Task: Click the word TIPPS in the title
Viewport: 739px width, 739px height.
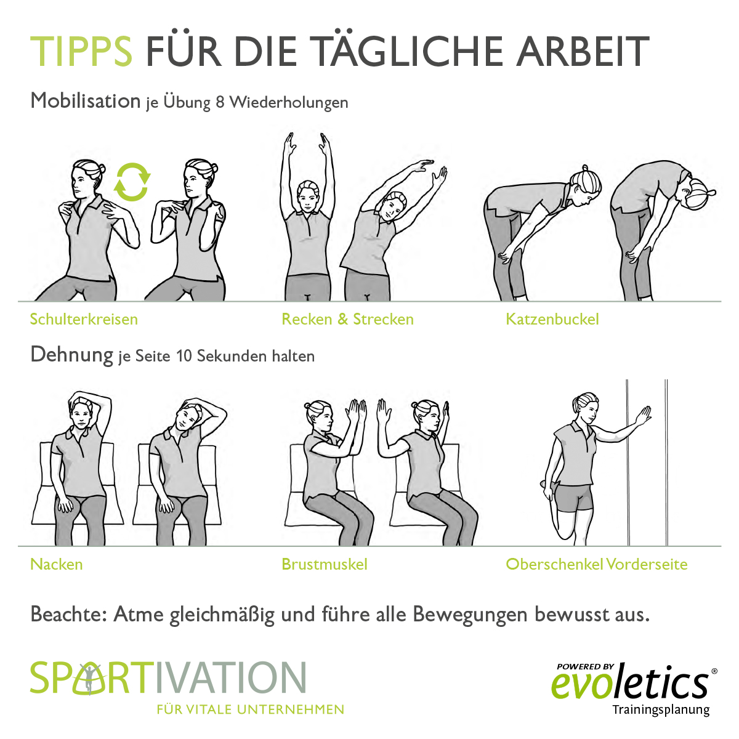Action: click(81, 51)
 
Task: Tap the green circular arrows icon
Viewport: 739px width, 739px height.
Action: click(132, 182)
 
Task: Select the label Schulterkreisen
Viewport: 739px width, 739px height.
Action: click(84, 319)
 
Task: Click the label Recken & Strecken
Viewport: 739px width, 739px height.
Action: click(347, 319)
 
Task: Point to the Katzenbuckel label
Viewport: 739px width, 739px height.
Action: click(552, 319)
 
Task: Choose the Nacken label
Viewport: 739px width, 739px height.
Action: click(56, 564)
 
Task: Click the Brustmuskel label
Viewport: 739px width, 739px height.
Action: click(324, 564)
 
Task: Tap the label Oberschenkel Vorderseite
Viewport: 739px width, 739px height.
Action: click(596, 564)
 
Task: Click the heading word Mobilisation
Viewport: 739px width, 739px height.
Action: click(86, 100)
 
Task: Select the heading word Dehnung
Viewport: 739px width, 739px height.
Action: click(71, 355)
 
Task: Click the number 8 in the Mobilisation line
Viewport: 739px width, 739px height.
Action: click(220, 102)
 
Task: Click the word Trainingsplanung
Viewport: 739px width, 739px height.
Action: click(661, 710)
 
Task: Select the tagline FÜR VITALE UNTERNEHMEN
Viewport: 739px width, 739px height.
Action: click(250, 709)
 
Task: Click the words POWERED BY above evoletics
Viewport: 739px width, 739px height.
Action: click(585, 666)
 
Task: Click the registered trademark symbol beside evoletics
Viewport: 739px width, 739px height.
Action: click(714, 671)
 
